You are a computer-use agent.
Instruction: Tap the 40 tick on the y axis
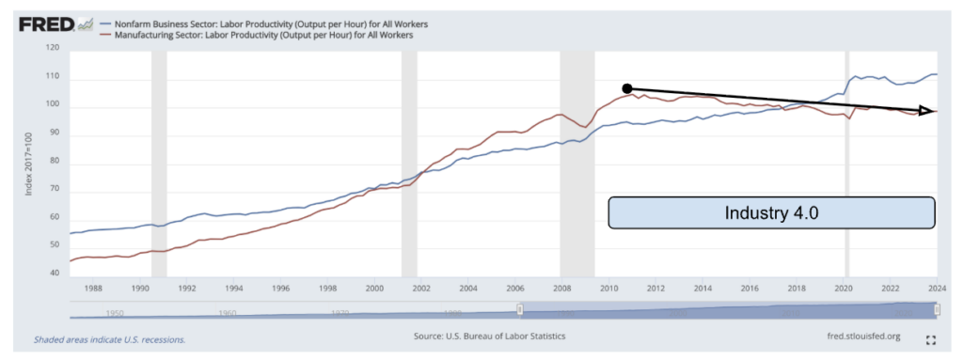click(52, 274)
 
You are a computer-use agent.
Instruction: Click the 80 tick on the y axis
click(52, 161)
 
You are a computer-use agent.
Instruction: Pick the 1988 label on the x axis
click(93, 289)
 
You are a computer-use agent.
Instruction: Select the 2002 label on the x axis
click(420, 289)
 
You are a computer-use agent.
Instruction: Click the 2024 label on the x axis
click(937, 289)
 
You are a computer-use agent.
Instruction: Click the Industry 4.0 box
click(771, 212)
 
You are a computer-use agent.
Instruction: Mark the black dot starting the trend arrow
click(627, 88)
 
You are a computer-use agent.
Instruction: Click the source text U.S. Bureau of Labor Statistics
click(489, 337)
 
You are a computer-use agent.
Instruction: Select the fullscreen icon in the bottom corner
click(931, 339)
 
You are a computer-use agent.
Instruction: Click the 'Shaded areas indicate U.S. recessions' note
click(109, 338)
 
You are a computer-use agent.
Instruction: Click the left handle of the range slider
click(520, 311)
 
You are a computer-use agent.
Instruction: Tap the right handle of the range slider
click(937, 311)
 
